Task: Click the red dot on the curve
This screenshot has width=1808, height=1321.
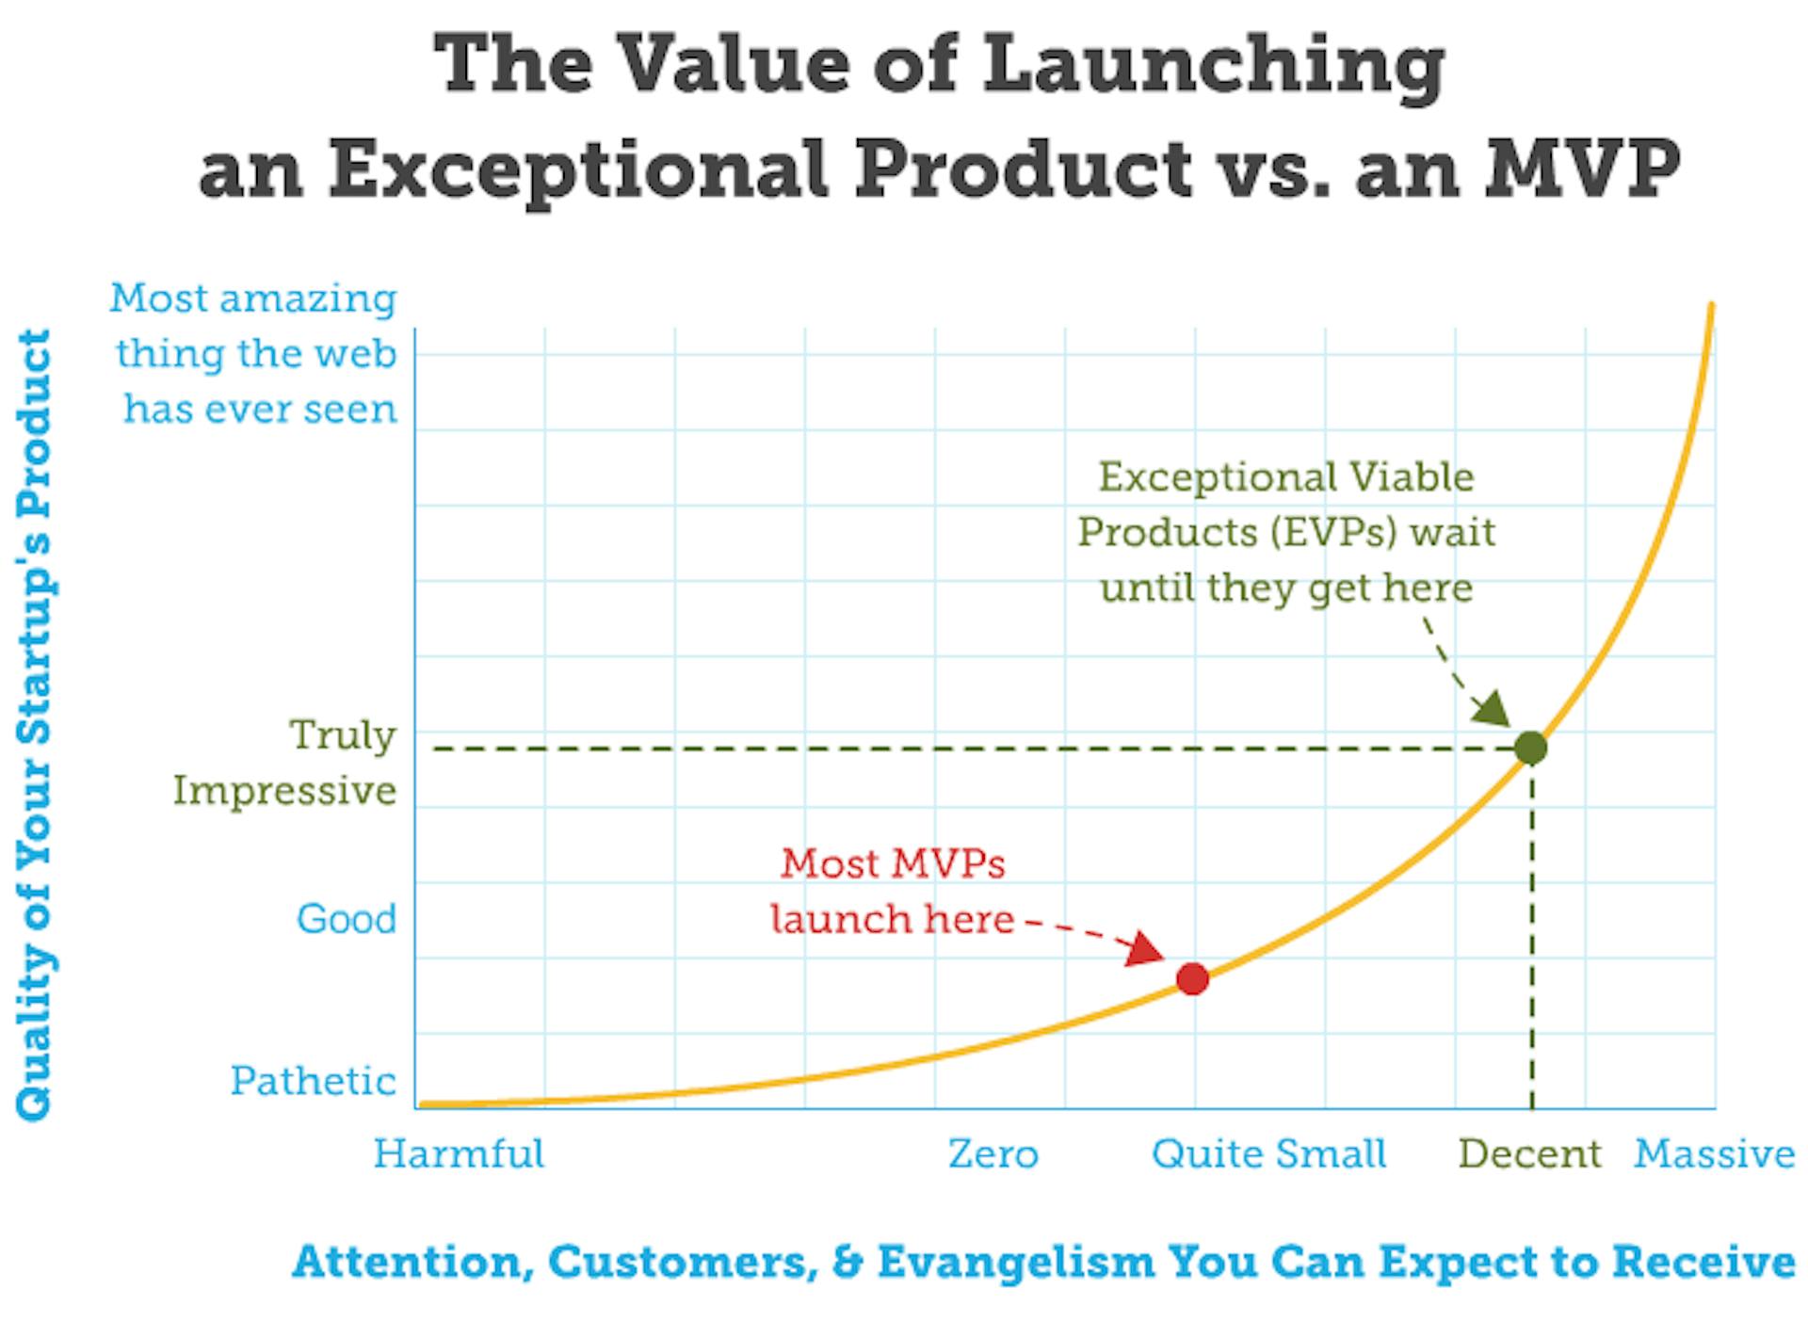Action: [1192, 978]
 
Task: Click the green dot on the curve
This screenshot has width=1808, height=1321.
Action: [1531, 748]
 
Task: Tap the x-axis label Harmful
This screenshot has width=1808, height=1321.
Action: [459, 1153]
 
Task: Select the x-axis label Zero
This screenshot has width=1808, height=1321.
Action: [993, 1153]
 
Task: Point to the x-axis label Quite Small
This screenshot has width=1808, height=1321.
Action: [1268, 1153]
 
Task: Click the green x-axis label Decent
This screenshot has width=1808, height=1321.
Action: [1529, 1153]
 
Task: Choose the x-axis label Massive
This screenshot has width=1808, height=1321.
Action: [1714, 1153]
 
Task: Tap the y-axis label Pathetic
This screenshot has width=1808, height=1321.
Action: [313, 1081]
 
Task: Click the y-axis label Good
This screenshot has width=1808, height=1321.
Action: [347, 919]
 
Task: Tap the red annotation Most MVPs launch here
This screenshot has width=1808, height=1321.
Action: [892, 891]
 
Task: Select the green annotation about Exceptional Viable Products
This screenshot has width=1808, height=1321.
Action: [1286, 532]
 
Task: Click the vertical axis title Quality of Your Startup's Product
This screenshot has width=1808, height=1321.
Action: [35, 725]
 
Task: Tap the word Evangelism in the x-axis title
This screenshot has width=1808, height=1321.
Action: [1015, 1261]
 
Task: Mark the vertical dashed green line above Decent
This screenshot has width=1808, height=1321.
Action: [1532, 942]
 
